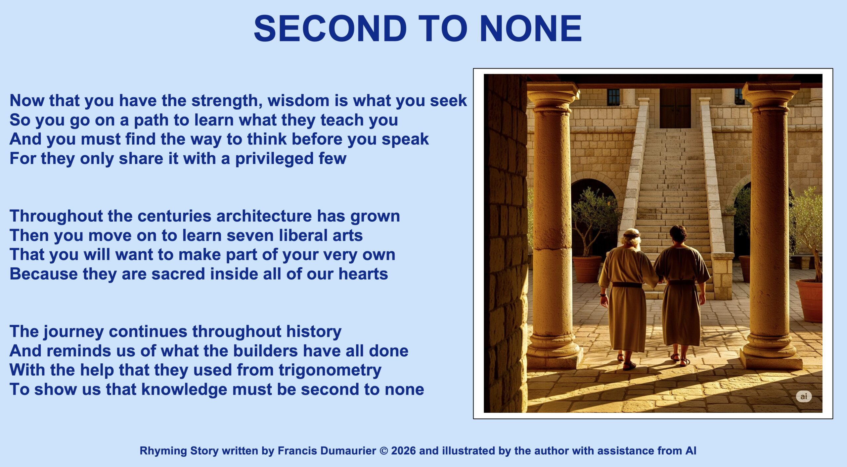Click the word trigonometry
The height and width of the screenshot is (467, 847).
pyautogui.click(x=330, y=371)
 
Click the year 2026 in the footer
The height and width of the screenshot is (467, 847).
pyautogui.click(x=403, y=451)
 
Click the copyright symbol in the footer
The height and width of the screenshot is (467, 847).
pyautogui.click(x=384, y=451)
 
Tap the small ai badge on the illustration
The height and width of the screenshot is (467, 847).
pyautogui.click(x=804, y=396)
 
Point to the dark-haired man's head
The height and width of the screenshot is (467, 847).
pyautogui.click(x=678, y=234)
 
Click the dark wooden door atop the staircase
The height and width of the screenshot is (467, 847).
pyautogui.click(x=675, y=108)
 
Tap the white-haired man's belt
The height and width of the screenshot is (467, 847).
pyautogui.click(x=627, y=285)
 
